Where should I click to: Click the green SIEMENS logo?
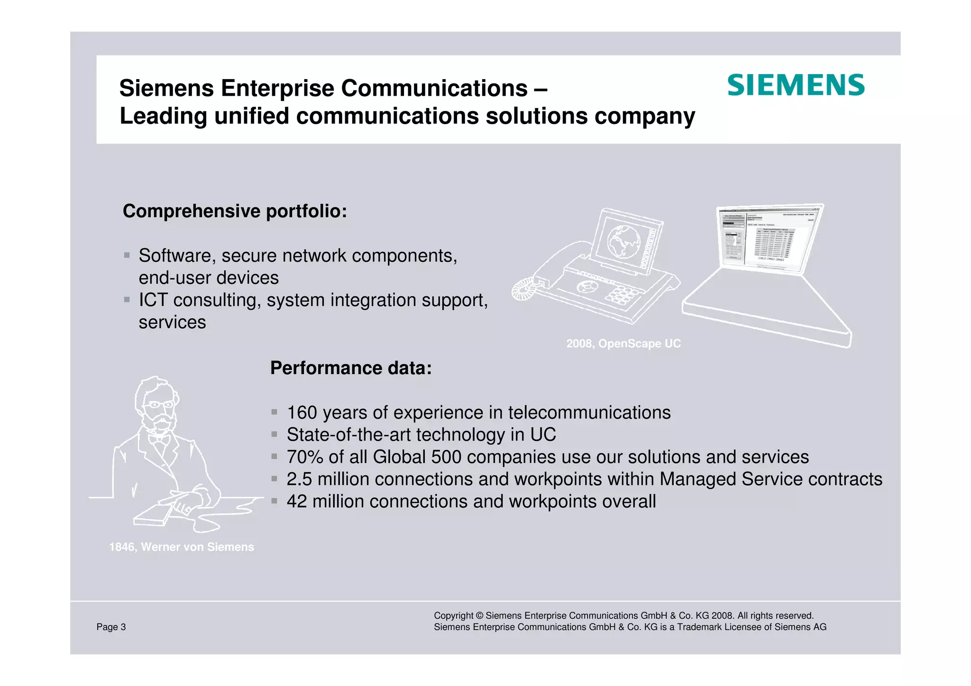[796, 85]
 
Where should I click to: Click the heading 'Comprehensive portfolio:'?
[235, 211]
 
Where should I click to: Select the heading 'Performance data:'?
[351, 368]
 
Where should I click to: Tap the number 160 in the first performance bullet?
[302, 413]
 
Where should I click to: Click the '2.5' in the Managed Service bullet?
[299, 479]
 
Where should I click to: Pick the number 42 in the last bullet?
[297, 502]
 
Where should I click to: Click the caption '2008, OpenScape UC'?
[623, 344]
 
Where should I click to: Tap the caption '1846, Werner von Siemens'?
[182, 547]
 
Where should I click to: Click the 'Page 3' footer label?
[111, 627]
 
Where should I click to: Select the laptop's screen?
[768, 239]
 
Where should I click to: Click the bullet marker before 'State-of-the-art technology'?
[274, 434]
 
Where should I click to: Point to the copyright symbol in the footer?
[479, 616]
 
